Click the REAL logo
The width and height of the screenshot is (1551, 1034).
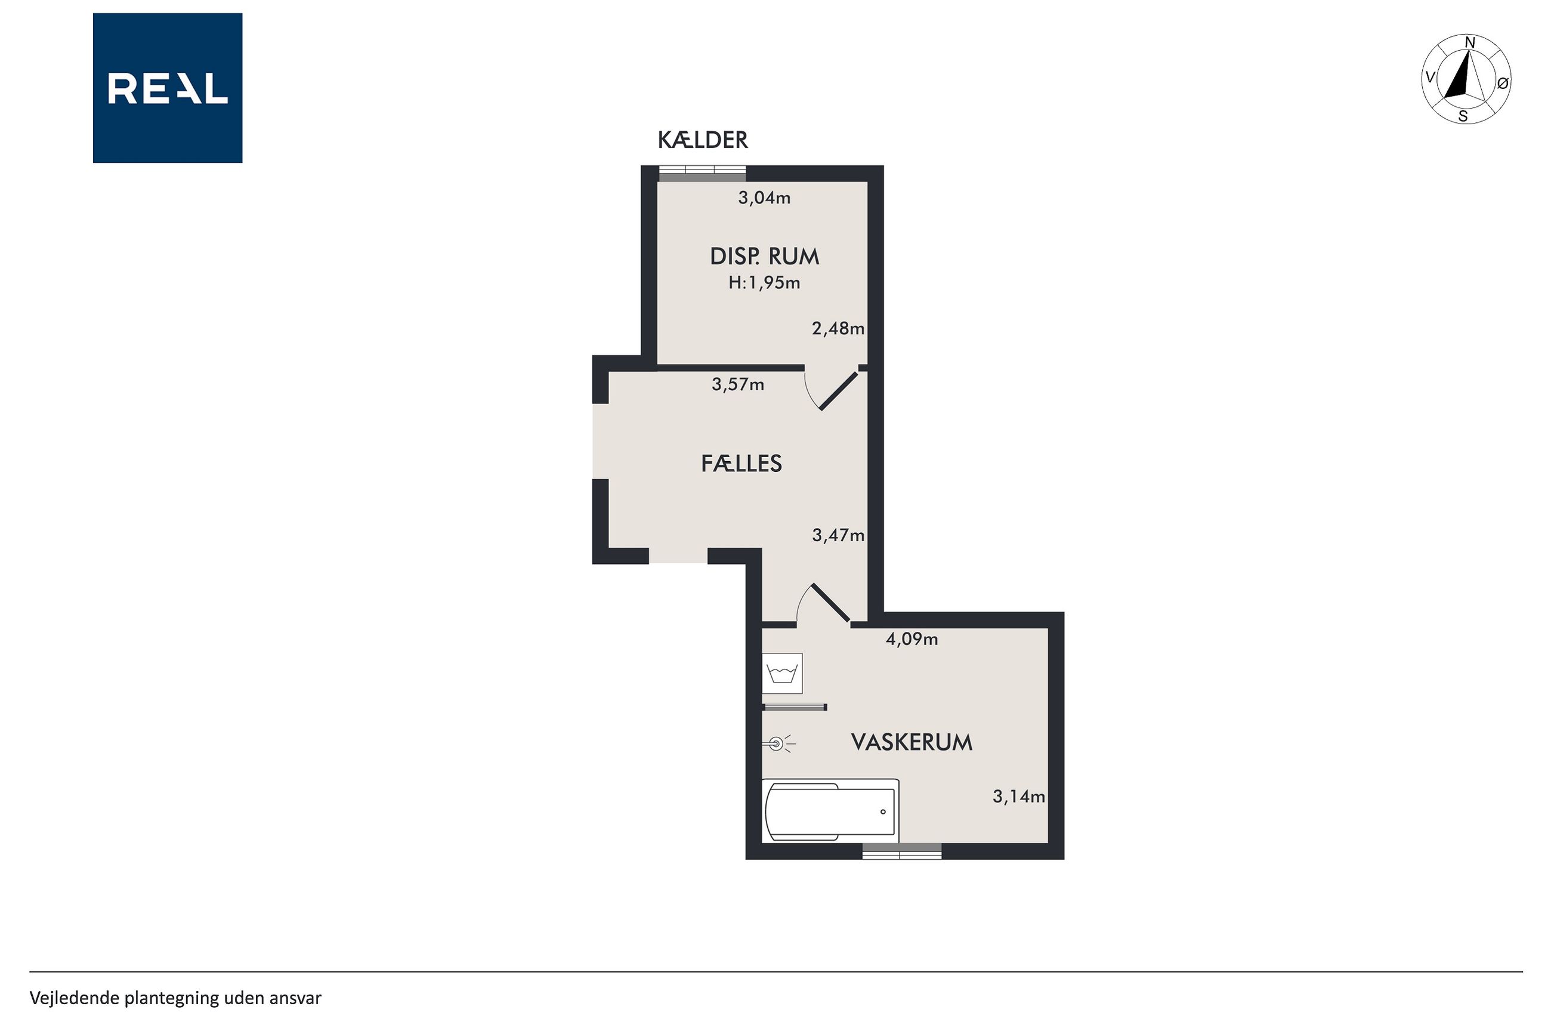[x=168, y=88]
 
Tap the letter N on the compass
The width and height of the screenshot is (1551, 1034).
[x=1469, y=43]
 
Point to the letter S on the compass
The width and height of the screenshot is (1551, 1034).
[x=1463, y=117]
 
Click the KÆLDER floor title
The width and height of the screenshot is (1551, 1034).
[x=703, y=140]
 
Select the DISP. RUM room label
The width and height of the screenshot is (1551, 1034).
[x=764, y=257]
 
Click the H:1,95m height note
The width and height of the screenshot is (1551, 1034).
[x=764, y=283]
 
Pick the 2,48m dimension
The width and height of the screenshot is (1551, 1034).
[x=838, y=328]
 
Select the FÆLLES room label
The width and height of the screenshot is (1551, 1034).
[x=741, y=464]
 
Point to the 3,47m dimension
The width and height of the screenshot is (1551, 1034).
[x=838, y=535]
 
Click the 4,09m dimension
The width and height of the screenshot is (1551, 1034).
[x=912, y=639]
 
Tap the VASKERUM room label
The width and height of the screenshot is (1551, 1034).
[x=912, y=742]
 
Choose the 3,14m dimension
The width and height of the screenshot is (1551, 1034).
[x=1018, y=797]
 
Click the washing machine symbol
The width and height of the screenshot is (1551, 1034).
[x=783, y=673]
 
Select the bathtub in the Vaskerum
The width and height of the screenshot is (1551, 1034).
[x=830, y=811]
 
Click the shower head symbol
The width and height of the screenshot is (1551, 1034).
[x=778, y=745]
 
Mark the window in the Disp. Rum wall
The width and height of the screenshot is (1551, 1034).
[x=703, y=173]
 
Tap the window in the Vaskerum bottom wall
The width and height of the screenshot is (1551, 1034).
[x=902, y=851]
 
